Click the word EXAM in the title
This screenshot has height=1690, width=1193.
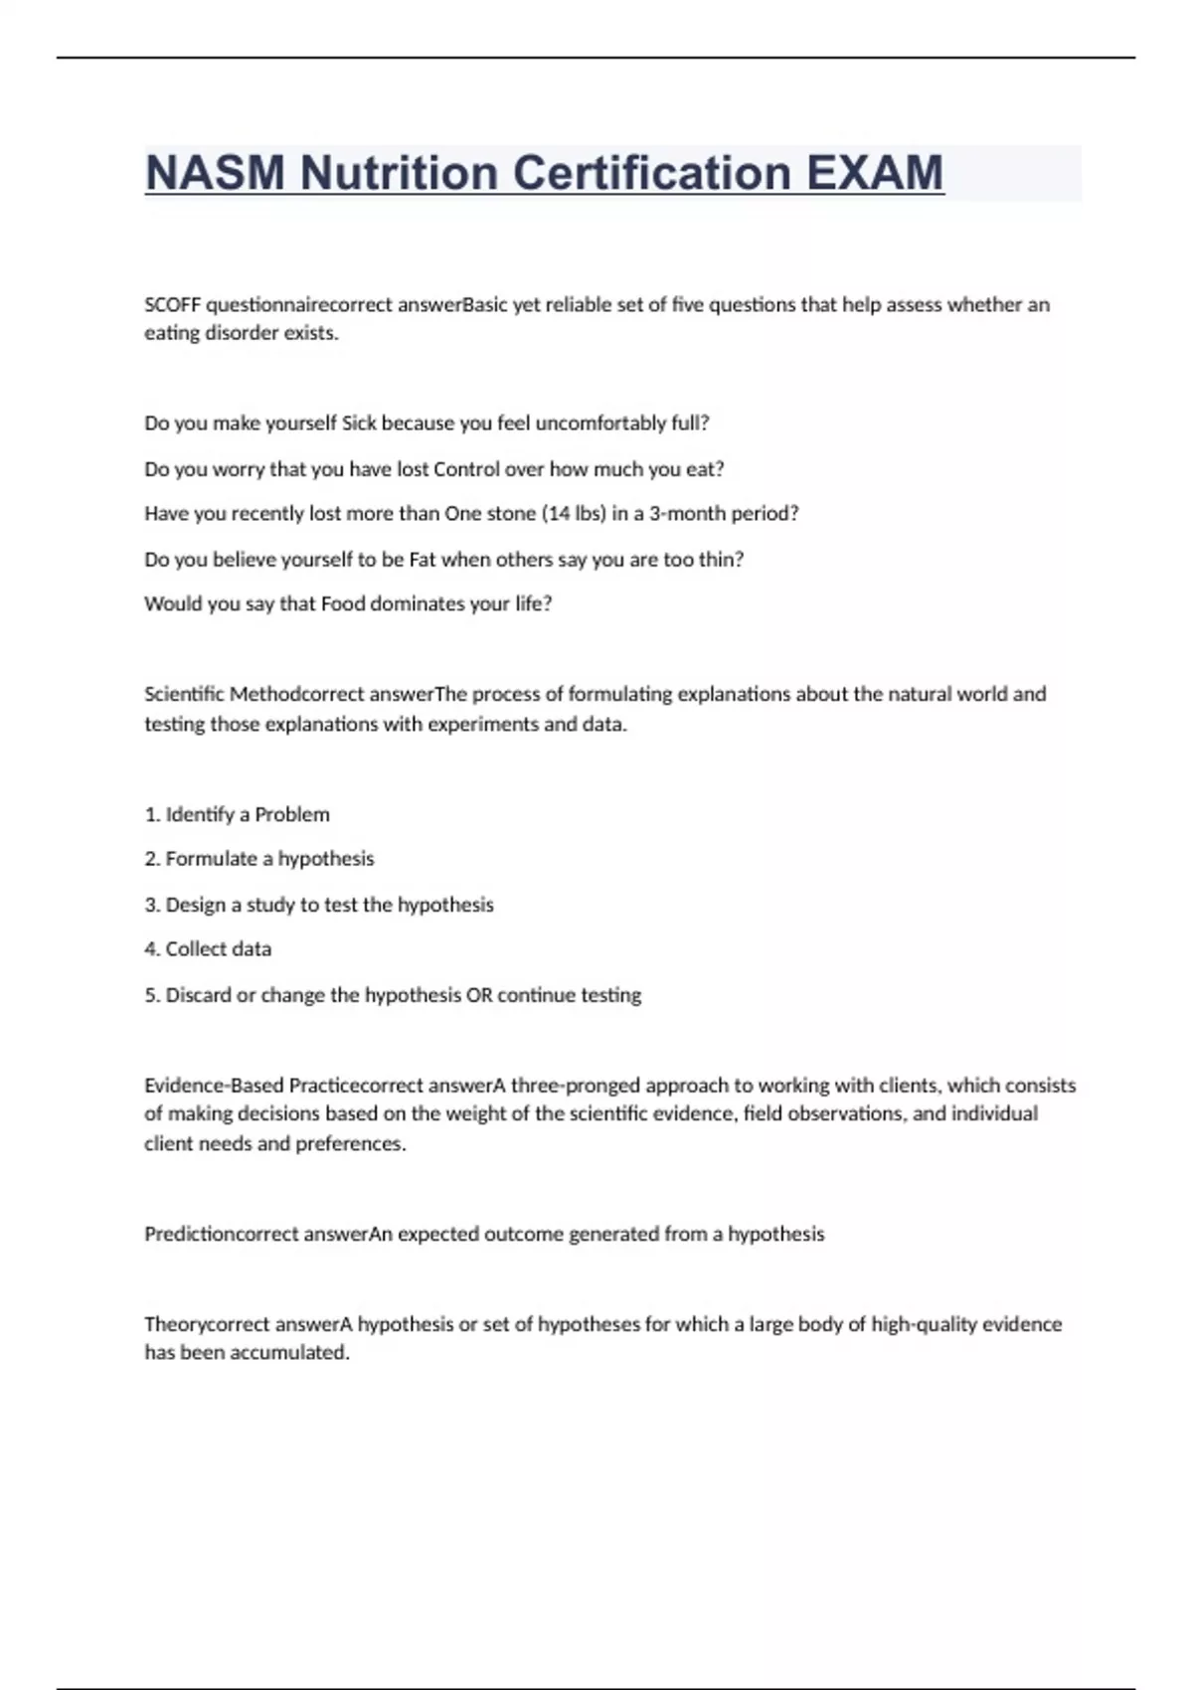(x=875, y=173)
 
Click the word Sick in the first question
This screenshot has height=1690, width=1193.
(x=359, y=423)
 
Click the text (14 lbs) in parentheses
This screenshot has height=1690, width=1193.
(x=574, y=514)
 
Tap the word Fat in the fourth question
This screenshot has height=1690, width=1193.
(x=422, y=560)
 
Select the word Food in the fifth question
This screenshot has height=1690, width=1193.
(x=343, y=604)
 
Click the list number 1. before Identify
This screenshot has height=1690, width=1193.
(x=152, y=815)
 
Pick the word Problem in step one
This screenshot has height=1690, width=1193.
(x=292, y=815)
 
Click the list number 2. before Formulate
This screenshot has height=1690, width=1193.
(x=152, y=859)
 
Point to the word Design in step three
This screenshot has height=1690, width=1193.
(x=195, y=905)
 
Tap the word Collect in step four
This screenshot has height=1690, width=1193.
(x=195, y=949)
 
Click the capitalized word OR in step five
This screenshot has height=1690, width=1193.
(x=479, y=995)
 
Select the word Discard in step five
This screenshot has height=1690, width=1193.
(x=198, y=995)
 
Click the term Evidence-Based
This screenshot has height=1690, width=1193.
(x=214, y=1086)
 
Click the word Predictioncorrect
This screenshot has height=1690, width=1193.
(x=221, y=1235)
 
